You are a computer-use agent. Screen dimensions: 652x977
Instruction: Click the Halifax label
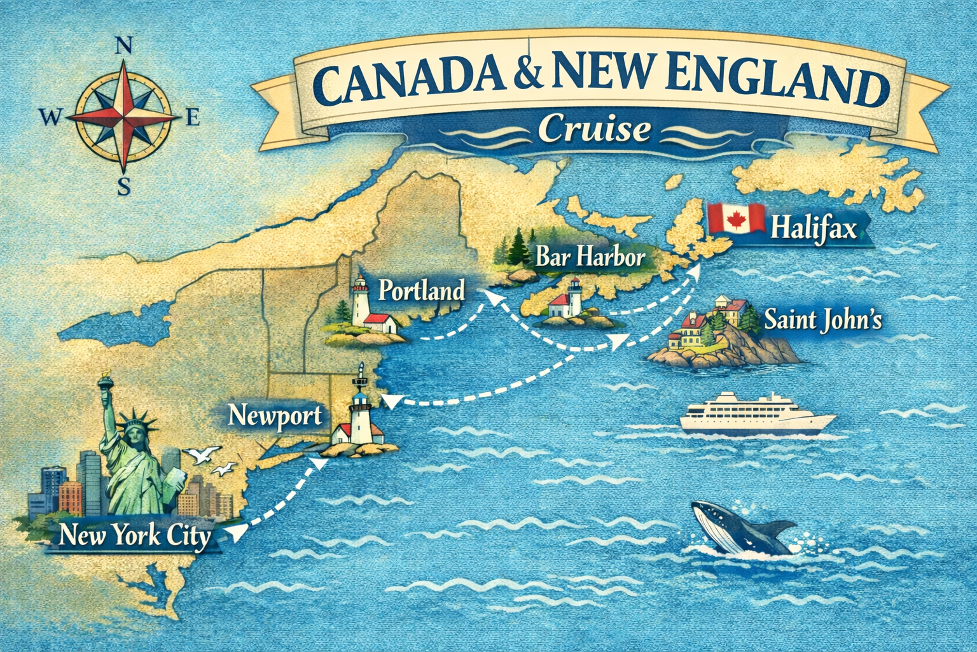pyautogui.click(x=814, y=228)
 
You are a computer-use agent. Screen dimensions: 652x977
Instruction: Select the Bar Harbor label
pyautogui.click(x=590, y=257)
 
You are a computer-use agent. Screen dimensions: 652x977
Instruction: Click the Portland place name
pyautogui.click(x=422, y=291)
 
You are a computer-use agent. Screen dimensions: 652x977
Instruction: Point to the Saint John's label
pyautogui.click(x=822, y=319)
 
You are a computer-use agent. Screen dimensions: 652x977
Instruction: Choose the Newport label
pyautogui.click(x=275, y=416)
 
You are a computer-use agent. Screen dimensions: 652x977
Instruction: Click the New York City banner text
pyautogui.click(x=134, y=535)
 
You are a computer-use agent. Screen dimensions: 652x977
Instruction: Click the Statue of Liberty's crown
pyautogui.click(x=135, y=421)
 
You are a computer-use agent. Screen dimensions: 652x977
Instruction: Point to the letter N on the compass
pyautogui.click(x=125, y=46)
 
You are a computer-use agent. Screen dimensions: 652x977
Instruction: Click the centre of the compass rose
pyautogui.click(x=125, y=118)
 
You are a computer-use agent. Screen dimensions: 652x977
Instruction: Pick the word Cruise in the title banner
pyautogui.click(x=594, y=129)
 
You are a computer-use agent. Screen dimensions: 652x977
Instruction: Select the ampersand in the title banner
pyautogui.click(x=530, y=81)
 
